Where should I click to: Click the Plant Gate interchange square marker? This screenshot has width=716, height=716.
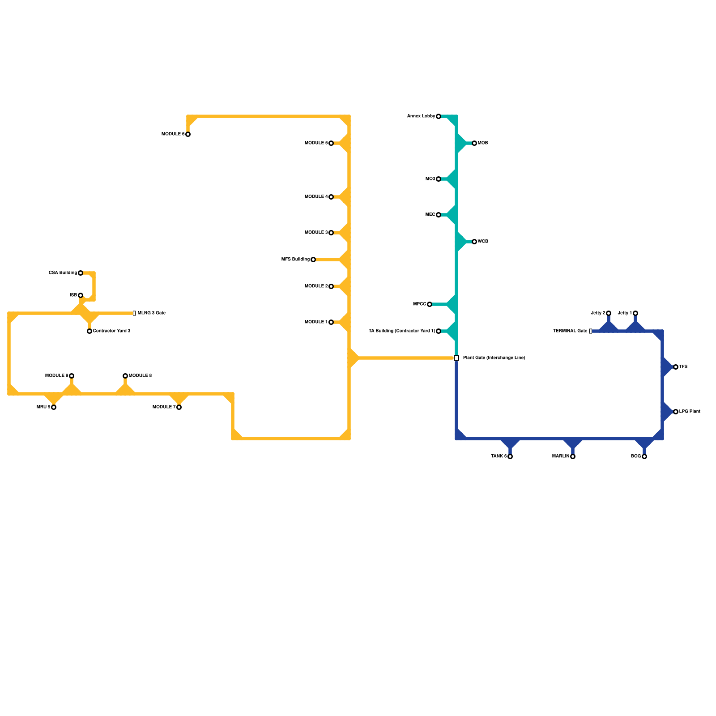456,358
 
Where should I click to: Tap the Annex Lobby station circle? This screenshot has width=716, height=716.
439,116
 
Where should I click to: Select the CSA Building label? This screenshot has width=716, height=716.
63,273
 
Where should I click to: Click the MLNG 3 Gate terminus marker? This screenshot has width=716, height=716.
134,313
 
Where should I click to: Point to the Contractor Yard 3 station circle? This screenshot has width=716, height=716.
89,331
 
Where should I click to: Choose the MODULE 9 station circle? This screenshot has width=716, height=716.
72,376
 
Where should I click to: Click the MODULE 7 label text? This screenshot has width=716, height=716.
164,407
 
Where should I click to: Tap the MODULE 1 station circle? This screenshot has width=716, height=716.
331,322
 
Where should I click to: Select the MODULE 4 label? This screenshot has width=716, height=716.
316,197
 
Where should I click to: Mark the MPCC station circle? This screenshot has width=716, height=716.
430,304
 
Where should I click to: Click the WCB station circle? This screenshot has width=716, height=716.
474,242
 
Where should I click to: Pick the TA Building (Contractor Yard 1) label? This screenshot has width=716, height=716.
401,331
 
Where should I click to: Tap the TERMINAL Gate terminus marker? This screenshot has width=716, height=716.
591,331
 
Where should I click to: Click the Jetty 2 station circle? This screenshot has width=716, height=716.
609,313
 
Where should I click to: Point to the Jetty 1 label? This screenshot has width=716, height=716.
625,313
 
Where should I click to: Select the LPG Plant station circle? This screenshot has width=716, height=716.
676,412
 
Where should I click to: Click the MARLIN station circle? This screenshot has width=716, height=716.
573,456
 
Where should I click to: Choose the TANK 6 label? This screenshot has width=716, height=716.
499,456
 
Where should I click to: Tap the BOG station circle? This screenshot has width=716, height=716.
644,456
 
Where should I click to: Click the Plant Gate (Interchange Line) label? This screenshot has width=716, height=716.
494,358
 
